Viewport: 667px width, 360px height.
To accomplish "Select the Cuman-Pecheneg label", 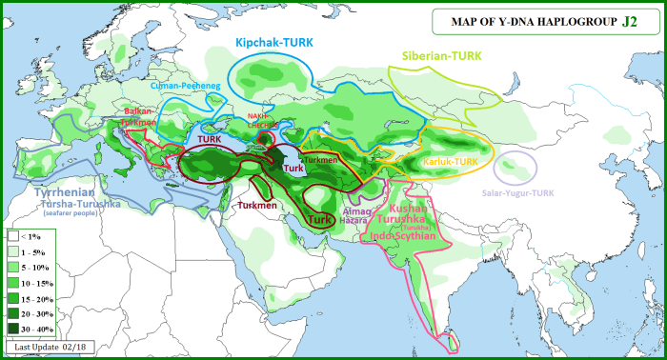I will pos(158,87).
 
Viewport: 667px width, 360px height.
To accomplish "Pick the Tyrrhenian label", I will pos(63,191).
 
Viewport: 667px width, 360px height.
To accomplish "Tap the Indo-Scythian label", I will pos(405,235).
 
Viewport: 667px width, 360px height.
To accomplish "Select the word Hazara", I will pos(353,219).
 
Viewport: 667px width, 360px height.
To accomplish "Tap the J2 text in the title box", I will pos(630,20).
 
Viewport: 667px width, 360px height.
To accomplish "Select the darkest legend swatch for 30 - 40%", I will pos(13,329).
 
